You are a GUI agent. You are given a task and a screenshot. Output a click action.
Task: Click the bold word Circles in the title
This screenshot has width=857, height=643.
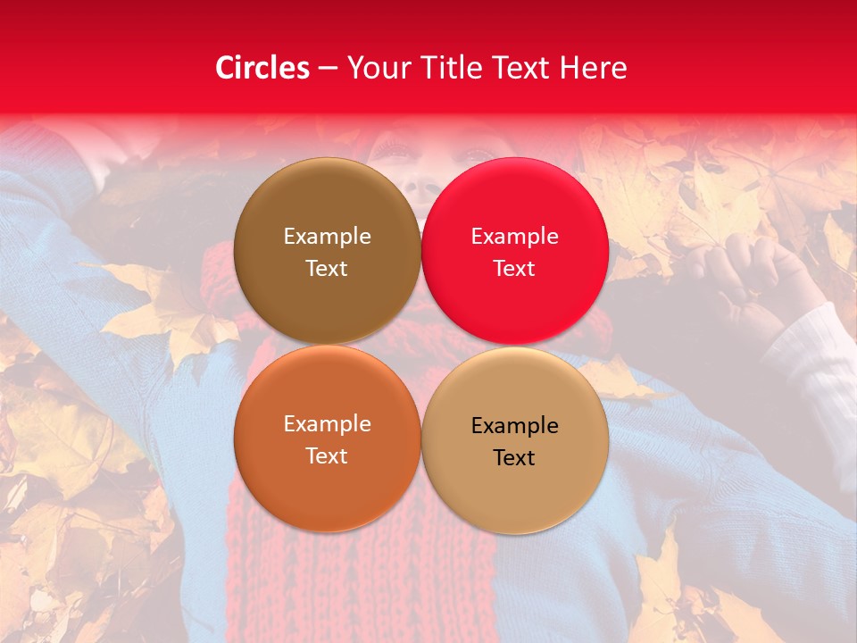262,68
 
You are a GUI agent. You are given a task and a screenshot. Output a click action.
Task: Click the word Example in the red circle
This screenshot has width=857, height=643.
514,237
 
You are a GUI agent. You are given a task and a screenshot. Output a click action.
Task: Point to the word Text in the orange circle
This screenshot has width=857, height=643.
327,456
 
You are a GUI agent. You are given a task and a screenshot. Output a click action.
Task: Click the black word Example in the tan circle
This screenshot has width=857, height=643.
514,426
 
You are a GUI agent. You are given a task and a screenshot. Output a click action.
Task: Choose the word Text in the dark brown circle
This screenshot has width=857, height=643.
327,269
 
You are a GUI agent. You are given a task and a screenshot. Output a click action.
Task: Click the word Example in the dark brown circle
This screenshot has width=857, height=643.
327,237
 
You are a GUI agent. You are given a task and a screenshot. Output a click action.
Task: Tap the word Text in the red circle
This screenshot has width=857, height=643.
514,269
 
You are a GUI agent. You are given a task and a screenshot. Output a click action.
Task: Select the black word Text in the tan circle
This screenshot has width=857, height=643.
514,458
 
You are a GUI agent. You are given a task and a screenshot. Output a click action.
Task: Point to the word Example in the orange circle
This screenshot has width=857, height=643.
327,424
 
